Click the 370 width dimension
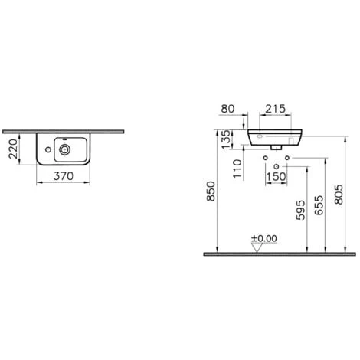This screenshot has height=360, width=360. (x=64, y=176)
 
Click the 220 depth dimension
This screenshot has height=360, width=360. (x=13, y=149)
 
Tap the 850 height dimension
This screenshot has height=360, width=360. (x=211, y=191)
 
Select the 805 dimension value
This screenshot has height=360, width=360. (x=339, y=195)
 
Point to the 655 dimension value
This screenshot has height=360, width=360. (x=319, y=205)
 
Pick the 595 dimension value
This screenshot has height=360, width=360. (x=300, y=210)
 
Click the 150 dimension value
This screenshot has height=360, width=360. (x=276, y=176)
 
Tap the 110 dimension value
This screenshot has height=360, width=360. (x=237, y=169)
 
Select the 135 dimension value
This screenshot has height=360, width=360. (x=226, y=139)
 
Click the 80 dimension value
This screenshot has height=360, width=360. (x=227, y=109)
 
